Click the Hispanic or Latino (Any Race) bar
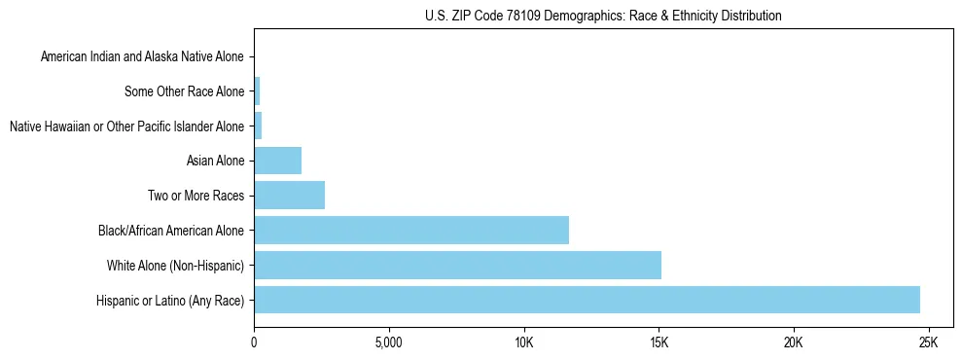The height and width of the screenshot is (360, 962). pyautogui.click(x=587, y=300)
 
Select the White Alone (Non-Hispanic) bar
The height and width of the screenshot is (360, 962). pyautogui.click(x=457, y=265)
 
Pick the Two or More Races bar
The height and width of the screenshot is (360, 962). pyautogui.click(x=289, y=196)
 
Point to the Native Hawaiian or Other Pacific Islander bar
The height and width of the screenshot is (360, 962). pyautogui.click(x=258, y=126)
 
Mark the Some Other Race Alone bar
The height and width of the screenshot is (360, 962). pyautogui.click(x=257, y=91)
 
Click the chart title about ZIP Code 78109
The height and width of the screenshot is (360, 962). pyautogui.click(x=603, y=16)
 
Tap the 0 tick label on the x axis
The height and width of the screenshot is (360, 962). pyautogui.click(x=254, y=342)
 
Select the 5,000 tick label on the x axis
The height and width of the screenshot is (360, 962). pyautogui.click(x=388, y=342)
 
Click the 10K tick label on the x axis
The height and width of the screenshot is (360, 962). pyautogui.click(x=523, y=342)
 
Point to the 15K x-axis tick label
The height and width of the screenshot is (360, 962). pyautogui.click(x=659, y=342)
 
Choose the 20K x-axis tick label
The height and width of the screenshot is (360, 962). pyautogui.click(x=793, y=342)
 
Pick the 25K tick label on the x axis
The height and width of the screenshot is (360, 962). pyautogui.click(x=928, y=342)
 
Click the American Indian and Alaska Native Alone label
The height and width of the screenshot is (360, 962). pyautogui.click(x=143, y=57)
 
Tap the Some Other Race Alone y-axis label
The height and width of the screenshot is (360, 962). pyautogui.click(x=185, y=91)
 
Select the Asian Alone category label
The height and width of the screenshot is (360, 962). pyautogui.click(x=215, y=161)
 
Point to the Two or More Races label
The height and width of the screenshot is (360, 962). pyautogui.click(x=196, y=196)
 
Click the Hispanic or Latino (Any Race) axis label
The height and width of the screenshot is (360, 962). pyautogui.click(x=170, y=300)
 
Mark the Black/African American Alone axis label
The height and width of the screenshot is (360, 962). pyautogui.click(x=171, y=231)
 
